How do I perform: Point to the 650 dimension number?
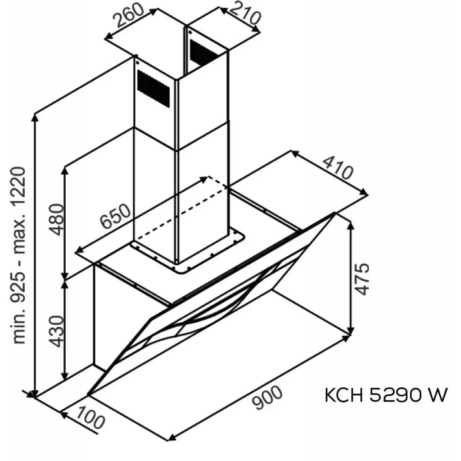coord(116,217)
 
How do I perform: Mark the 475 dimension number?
coord(362,279)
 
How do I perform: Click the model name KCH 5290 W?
coord(386,396)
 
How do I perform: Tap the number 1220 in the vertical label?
coord(20,184)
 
